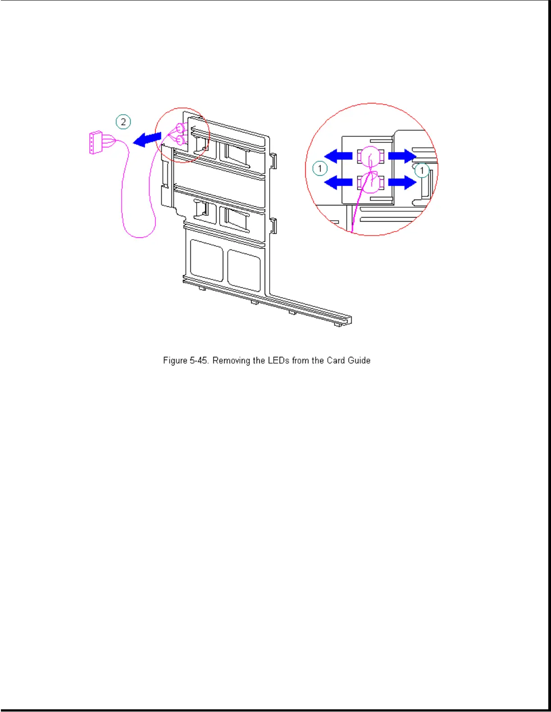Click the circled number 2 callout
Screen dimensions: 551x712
pos(123,122)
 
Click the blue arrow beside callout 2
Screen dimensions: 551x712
pos(147,139)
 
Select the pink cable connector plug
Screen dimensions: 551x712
pos(96,142)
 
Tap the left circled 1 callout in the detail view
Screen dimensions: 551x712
pos(320,169)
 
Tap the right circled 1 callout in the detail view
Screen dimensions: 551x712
pos(422,170)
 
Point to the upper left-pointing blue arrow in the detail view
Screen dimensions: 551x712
pos(338,156)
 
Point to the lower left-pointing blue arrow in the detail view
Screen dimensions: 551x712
pos(338,182)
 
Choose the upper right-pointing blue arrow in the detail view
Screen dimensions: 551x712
pos(402,156)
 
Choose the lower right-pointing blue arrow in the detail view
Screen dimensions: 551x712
pos(402,182)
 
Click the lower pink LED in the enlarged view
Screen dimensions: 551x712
pos(371,183)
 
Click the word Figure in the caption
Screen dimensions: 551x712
pos(175,360)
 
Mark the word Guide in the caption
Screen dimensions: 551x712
pos(359,360)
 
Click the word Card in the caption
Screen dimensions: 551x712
pos(336,360)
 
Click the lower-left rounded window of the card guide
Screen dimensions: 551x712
pos(207,261)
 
